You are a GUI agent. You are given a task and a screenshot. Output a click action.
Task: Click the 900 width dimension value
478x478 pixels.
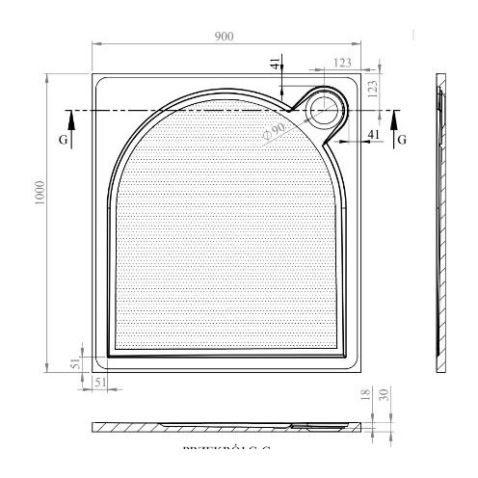click(x=225, y=36)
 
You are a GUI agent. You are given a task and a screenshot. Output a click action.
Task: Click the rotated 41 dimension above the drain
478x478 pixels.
click(x=276, y=65)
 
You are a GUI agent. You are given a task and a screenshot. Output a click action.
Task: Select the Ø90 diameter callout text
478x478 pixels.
click(x=275, y=129)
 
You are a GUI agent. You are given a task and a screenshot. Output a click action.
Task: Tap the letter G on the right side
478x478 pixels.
click(x=402, y=140)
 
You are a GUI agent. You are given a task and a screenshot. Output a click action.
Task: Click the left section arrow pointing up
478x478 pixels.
click(x=69, y=120)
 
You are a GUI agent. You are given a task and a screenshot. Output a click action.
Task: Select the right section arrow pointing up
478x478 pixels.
click(x=396, y=120)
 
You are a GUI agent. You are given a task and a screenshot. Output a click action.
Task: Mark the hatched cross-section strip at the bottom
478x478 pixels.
click(x=231, y=425)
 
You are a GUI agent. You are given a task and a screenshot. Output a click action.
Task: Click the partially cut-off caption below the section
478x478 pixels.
click(x=226, y=448)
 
